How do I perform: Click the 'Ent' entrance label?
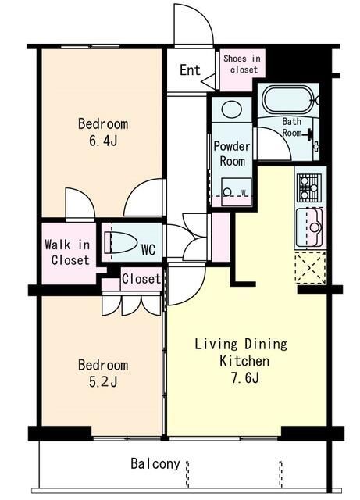coord(190,70)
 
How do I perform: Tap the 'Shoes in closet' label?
coord(242,64)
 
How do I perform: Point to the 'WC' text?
coord(148,250)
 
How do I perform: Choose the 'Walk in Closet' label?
coord(67,252)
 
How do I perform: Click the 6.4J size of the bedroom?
coord(103,141)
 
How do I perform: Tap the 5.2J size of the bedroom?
coord(103,381)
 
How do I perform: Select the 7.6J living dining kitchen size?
coord(244,377)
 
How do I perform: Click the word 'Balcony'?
coord(155,463)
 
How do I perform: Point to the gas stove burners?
coord(309,187)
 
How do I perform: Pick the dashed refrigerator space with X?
coord(310,267)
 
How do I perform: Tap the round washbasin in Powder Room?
coord(231,109)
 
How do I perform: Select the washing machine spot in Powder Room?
coord(237,192)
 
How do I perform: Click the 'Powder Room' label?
coord(232,154)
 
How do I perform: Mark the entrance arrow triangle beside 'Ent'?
coord(208,81)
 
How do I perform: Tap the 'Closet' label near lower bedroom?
coord(141,279)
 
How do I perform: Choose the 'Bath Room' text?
coord(292,127)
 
